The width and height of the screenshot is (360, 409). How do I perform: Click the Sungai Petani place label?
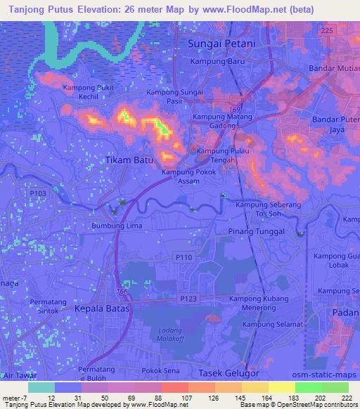tap(221, 44)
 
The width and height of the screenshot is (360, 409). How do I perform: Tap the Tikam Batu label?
tap(129, 160)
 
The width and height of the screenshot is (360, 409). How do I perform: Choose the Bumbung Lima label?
tap(117, 226)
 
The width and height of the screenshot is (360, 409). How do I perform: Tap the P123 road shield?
tap(188, 299)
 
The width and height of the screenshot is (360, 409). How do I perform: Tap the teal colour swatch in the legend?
tap(41, 387)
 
